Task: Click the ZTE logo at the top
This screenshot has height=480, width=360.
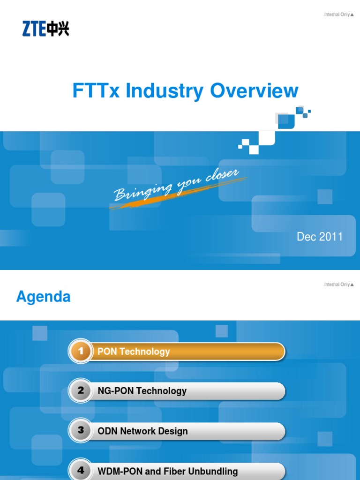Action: [45, 30]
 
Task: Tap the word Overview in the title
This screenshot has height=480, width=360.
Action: [255, 91]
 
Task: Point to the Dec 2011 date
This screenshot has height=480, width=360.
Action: [320, 237]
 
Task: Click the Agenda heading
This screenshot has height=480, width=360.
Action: [43, 297]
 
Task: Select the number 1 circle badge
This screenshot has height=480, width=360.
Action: [81, 351]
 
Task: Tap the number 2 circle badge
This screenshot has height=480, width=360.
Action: [81, 390]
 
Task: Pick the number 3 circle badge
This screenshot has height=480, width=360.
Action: [81, 430]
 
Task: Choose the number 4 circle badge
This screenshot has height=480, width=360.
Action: [81, 470]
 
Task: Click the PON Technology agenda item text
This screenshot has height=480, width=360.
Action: [134, 352]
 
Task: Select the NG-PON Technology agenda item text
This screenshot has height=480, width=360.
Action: [142, 391]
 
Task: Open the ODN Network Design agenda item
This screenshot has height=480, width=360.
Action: [142, 431]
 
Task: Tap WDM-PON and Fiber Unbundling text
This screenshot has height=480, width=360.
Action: [167, 471]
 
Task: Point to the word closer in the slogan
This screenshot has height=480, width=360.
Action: [222, 176]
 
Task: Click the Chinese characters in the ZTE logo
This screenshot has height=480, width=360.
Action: [58, 30]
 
